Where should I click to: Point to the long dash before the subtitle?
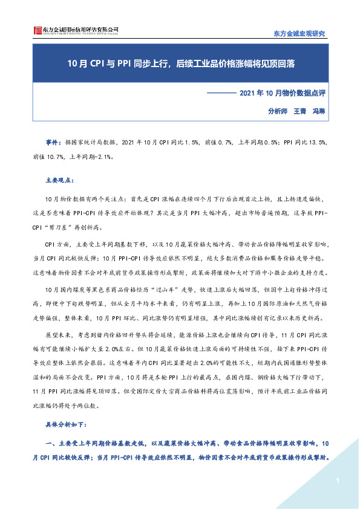(x=221, y=93)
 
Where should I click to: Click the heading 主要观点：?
(x=59, y=180)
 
